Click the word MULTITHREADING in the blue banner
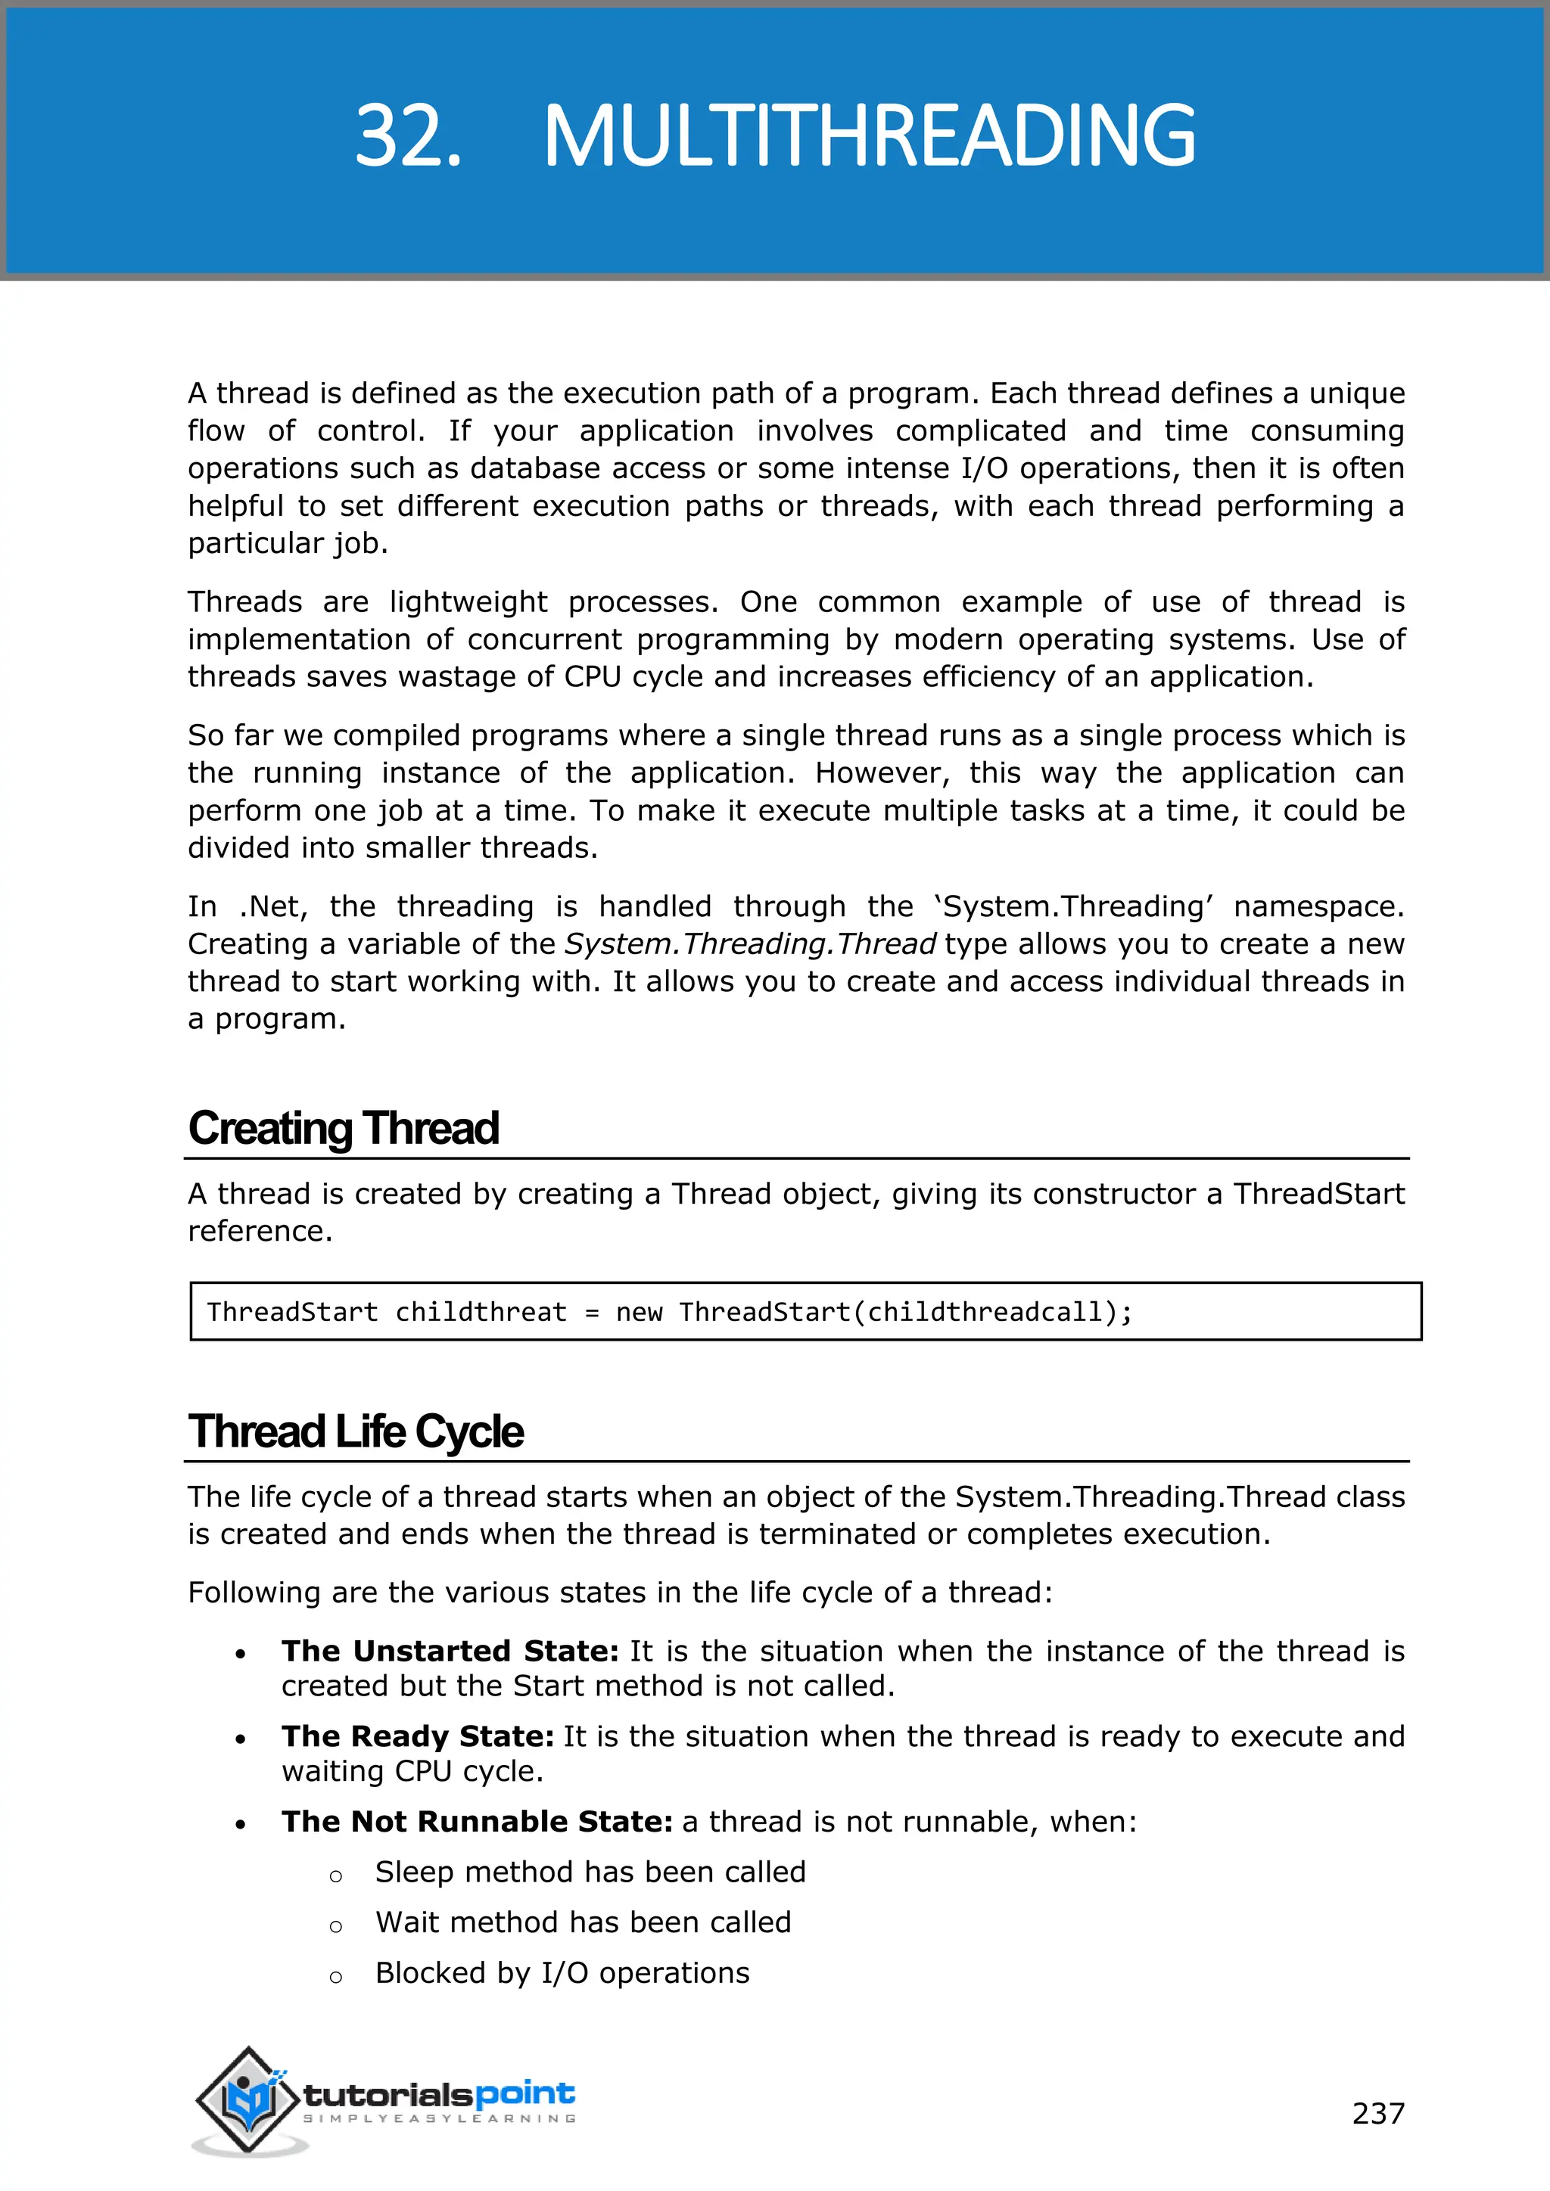869,136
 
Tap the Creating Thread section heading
343,1128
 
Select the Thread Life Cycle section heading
355,1431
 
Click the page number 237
1377,2113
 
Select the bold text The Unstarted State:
450,1651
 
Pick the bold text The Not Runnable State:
478,1821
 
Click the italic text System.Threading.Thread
750,943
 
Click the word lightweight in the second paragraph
468,602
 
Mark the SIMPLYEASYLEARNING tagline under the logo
439,2118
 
